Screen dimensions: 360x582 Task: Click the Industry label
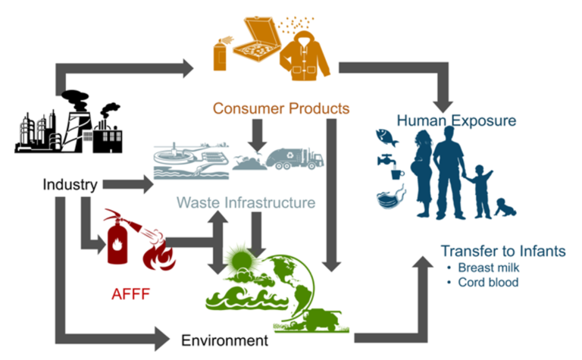[x=69, y=184]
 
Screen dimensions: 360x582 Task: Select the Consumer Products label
[x=280, y=108]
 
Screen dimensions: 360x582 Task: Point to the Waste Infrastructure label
[x=246, y=202]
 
